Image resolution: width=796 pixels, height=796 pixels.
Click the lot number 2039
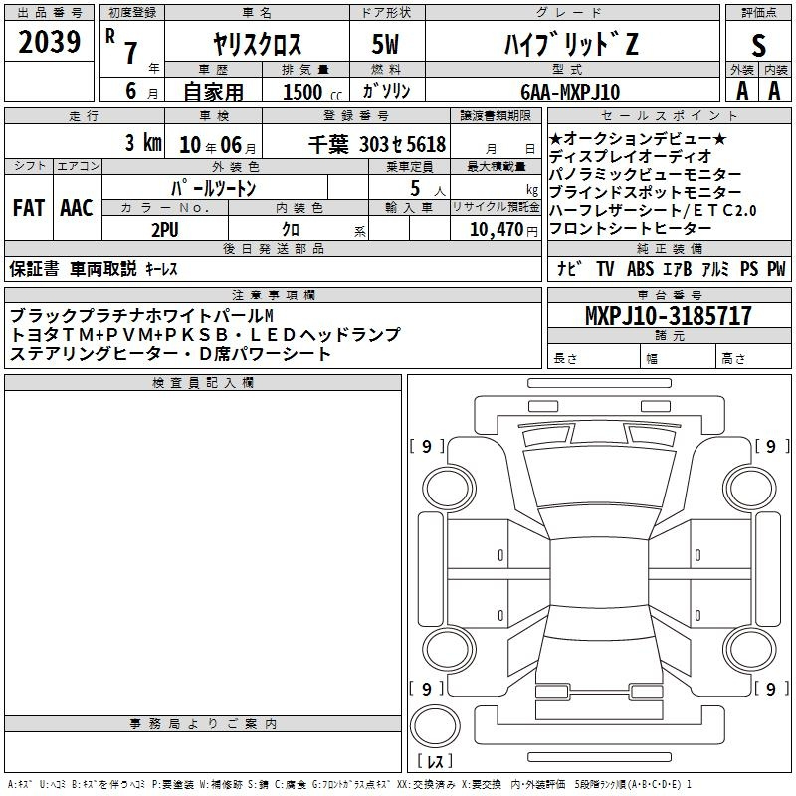click(x=49, y=42)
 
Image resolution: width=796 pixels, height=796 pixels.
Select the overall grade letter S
click(x=758, y=45)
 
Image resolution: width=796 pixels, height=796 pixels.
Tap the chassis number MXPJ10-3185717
click(x=668, y=315)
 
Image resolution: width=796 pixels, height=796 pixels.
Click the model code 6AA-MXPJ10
click(x=570, y=92)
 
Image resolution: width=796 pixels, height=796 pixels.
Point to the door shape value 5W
click(x=385, y=44)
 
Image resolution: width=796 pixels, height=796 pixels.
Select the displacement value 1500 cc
click(x=312, y=92)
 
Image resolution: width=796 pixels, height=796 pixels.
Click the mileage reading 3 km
click(x=143, y=142)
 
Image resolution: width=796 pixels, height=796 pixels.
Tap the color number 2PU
click(x=165, y=230)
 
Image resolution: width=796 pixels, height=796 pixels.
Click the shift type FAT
click(x=29, y=208)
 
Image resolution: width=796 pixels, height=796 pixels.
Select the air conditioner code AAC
click(x=77, y=208)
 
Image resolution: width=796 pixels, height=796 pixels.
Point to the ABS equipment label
click(x=640, y=268)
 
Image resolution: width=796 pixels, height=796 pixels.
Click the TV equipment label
click(x=605, y=268)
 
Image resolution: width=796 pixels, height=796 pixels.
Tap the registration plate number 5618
click(x=426, y=144)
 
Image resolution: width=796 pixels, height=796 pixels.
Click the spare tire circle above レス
click(x=435, y=725)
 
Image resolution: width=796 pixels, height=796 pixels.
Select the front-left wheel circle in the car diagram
click(x=449, y=489)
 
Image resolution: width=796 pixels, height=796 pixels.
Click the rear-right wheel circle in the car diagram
click(x=749, y=649)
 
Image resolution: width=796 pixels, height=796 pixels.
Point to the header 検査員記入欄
click(x=203, y=383)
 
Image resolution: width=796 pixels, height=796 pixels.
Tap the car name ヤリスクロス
click(x=258, y=44)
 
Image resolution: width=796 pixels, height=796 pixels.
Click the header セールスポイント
click(x=669, y=115)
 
